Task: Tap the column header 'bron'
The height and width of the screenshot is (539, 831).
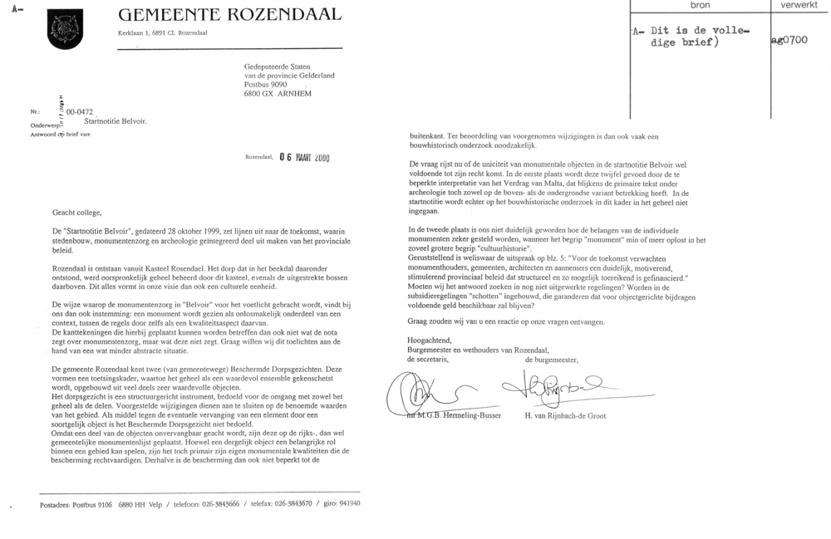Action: [x=696, y=5]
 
